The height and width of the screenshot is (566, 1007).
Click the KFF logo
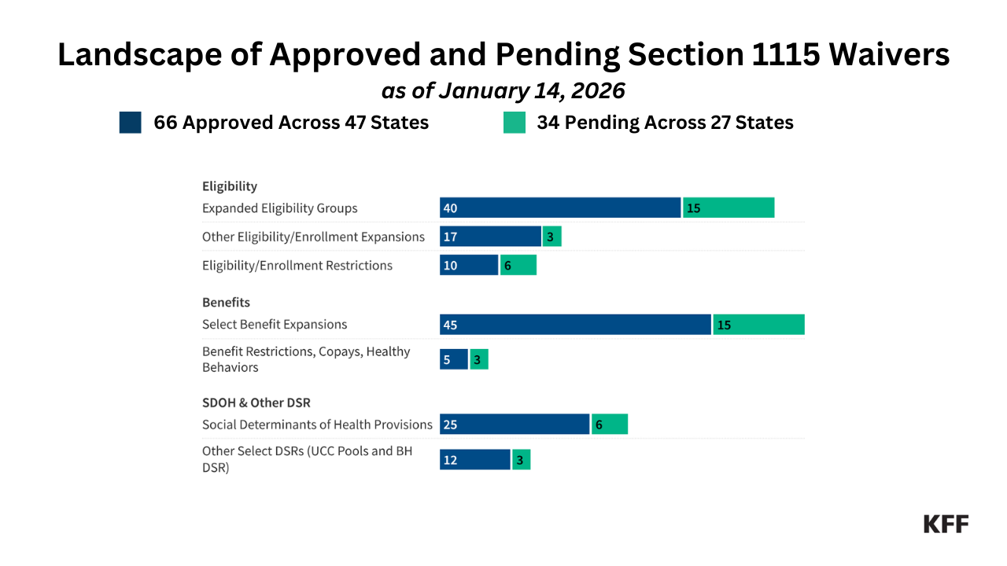946,524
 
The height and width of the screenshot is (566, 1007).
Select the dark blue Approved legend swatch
131,123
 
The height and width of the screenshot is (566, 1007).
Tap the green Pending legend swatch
515,123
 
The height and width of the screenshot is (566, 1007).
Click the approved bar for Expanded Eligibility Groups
560,208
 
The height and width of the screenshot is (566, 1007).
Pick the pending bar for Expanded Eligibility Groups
729,208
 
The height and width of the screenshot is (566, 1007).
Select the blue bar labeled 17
490,237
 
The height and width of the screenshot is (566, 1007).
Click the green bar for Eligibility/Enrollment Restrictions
518,266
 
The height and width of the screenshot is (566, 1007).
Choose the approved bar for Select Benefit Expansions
575,325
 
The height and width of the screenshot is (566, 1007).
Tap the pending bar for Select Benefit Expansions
759,325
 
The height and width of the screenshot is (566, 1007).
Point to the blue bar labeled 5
454,360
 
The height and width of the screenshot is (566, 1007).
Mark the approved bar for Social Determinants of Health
515,424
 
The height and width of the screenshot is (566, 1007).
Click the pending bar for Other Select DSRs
522,460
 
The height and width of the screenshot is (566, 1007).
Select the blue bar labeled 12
475,460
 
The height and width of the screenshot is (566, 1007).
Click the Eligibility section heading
230,186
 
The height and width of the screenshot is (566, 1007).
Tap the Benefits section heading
226,303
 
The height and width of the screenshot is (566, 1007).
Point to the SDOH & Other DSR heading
256,402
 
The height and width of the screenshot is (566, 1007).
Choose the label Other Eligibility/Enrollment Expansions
313,237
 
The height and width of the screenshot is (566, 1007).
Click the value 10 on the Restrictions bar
450,266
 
